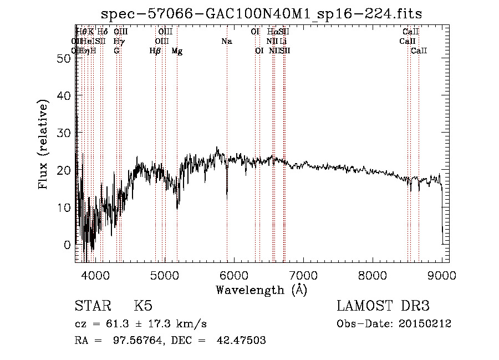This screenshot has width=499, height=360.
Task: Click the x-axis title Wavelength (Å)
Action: [x=261, y=289]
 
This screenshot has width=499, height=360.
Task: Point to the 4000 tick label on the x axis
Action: [x=96, y=275]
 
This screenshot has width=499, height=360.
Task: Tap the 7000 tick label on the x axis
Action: [x=303, y=275]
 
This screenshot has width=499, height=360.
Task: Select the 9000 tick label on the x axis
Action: [x=442, y=275]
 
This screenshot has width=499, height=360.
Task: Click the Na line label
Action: [x=226, y=42]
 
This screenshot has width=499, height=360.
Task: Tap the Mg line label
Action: [x=177, y=51]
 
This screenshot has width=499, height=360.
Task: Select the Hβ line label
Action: [x=155, y=51]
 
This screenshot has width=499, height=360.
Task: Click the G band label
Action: [x=116, y=51]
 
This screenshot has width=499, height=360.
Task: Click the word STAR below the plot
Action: [x=92, y=306]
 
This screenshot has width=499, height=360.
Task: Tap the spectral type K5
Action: [x=144, y=306]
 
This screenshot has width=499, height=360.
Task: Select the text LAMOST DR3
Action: [x=383, y=306]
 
